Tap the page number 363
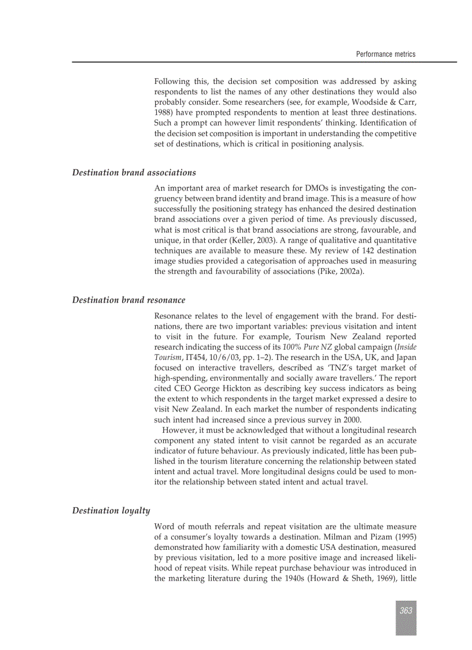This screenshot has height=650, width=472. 405,611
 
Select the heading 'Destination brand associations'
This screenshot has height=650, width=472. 134,172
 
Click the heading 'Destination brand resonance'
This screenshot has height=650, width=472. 128,300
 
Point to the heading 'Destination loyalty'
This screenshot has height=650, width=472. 111,511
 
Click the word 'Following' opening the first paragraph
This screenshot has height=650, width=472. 172,82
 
